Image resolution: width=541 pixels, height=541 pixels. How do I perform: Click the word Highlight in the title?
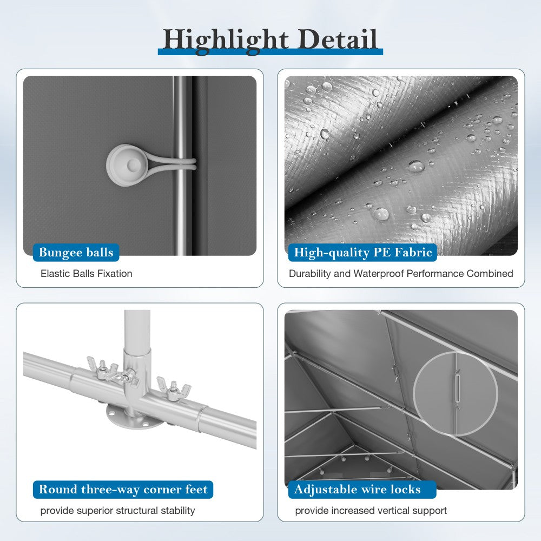pyautogui.click(x=226, y=41)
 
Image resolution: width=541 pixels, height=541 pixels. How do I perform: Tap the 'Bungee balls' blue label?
pyautogui.click(x=76, y=252)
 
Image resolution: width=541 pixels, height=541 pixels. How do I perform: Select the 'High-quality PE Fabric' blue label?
pyautogui.click(x=362, y=252)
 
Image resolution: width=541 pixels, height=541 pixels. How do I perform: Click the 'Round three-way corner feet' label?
pyautogui.click(x=123, y=489)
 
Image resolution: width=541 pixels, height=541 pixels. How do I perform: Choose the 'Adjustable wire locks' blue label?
pyautogui.click(x=362, y=489)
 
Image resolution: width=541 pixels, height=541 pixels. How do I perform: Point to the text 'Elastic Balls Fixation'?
pyautogui.click(x=86, y=274)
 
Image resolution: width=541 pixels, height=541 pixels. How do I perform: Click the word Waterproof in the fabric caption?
pyautogui.click(x=379, y=274)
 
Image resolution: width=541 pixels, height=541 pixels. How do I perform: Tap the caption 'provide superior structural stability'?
pyautogui.click(x=117, y=511)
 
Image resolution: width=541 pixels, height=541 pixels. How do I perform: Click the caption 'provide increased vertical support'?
pyautogui.click(x=371, y=511)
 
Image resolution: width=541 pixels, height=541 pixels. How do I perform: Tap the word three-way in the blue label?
pyautogui.click(x=110, y=490)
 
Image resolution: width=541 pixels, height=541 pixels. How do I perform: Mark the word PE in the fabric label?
pyautogui.click(x=382, y=252)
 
